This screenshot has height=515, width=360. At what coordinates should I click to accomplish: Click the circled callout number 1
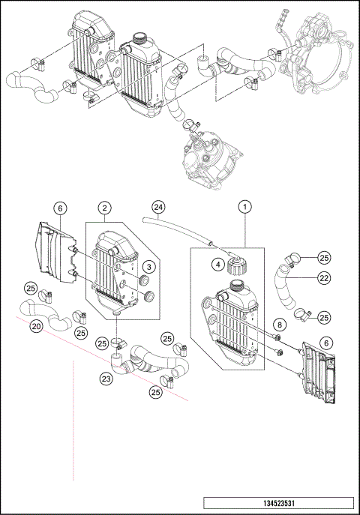tap(244, 205)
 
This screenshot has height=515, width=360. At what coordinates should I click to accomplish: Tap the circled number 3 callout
tap(148, 266)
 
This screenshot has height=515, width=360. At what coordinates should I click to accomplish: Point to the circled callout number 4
tap(216, 263)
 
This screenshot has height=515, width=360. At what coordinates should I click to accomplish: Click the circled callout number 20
tap(35, 326)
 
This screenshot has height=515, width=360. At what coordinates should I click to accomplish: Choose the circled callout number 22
tap(323, 278)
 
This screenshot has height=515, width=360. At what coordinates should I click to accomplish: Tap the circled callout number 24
tap(157, 206)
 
